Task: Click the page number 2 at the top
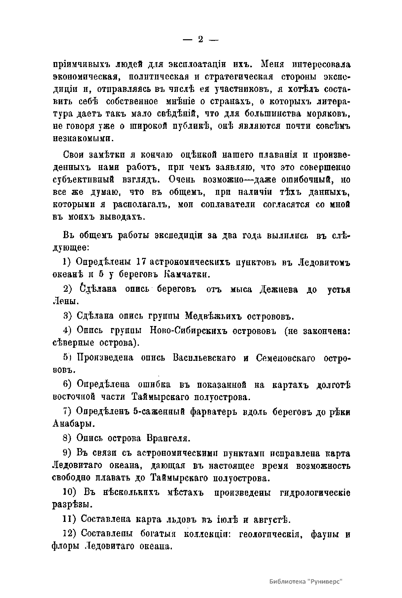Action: coord(200,40)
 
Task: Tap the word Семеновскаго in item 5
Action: coord(285,358)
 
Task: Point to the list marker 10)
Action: coord(70,492)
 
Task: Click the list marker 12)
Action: coord(70,534)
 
